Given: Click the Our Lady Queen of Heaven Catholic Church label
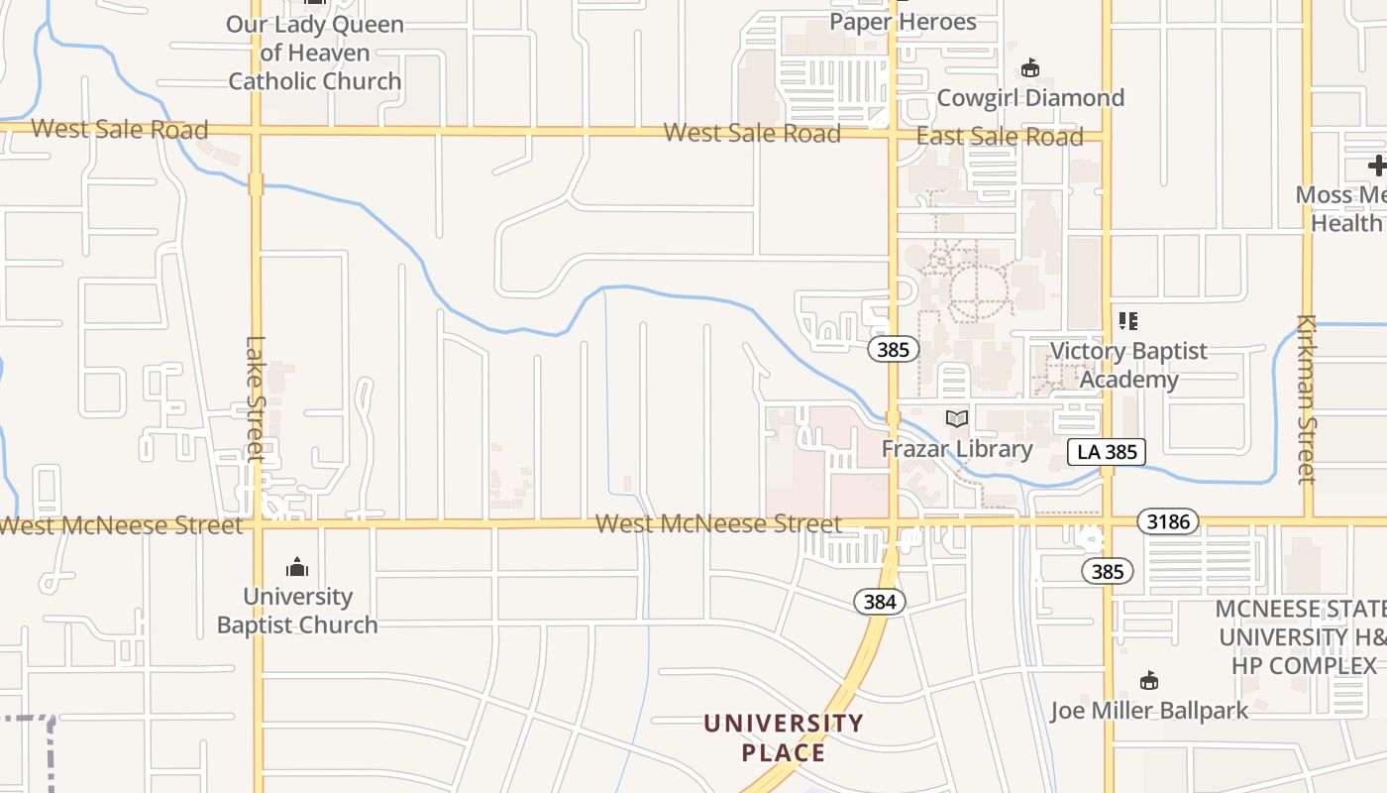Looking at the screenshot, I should [x=315, y=53].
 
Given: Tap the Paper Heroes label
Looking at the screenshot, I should [x=903, y=22].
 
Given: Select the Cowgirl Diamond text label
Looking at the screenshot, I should [x=1030, y=98].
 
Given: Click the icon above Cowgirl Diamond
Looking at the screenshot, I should [x=1030, y=68].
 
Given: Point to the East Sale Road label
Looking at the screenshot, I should [x=1000, y=137].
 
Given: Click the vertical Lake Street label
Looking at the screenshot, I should [x=256, y=398].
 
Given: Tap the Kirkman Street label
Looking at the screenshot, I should [x=1307, y=399].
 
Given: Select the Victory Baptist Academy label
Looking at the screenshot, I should [x=1128, y=365].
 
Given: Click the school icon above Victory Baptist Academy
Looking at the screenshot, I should [x=1128, y=321].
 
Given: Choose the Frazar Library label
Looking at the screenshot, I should [x=957, y=449].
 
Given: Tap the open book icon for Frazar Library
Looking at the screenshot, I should [x=956, y=419].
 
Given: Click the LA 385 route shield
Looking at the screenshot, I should [x=1108, y=452].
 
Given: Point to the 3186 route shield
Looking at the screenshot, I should [x=1168, y=521].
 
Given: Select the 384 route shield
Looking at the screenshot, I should [x=880, y=602].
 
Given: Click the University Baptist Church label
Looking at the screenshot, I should [x=297, y=611].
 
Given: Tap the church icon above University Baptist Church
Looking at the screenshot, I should [x=297, y=568].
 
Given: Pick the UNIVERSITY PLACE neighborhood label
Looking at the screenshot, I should [x=784, y=737].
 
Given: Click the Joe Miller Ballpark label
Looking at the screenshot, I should [x=1149, y=711].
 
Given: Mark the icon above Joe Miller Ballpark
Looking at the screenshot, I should [x=1149, y=681].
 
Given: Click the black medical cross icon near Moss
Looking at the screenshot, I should [x=1377, y=166].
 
